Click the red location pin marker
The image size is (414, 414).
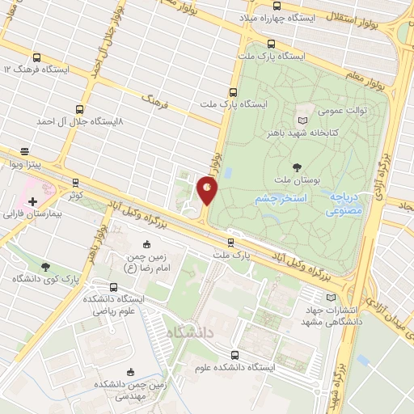coord(208,190)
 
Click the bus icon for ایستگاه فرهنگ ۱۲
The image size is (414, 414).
coord(37,57)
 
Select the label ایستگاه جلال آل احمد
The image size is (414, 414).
coord(77,120)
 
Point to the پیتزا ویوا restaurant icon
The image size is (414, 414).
coord(24,150)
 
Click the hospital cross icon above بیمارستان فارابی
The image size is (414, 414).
coord(32,201)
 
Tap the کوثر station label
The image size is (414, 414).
coord(75,196)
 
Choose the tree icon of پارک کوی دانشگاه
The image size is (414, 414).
coord(44,265)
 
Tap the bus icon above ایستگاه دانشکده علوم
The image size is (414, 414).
coord(234,355)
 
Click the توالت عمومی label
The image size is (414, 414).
coord(340,110)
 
